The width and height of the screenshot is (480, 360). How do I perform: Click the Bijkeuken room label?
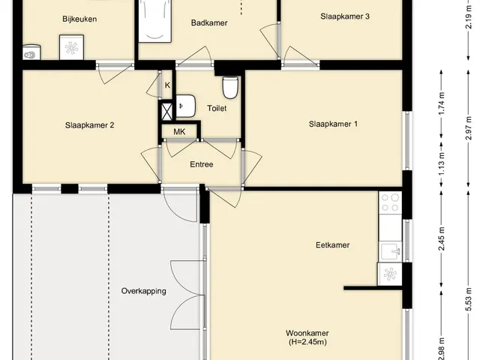pyautogui.click(x=79, y=19)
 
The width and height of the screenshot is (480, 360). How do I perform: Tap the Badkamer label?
pyautogui.click(x=209, y=22)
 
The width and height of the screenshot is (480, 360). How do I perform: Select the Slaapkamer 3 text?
pyautogui.click(x=345, y=16)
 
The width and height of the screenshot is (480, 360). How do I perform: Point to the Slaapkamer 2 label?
pyautogui.click(x=90, y=125)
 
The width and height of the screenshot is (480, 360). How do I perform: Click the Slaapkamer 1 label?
pyautogui.click(x=333, y=124)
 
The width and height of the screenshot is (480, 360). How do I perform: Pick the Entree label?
pyautogui.click(x=202, y=164)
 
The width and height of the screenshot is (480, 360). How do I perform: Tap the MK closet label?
pyautogui.click(x=179, y=132)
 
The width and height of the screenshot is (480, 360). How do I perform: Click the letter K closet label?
pyautogui.click(x=167, y=85)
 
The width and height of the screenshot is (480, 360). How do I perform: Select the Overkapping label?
pyautogui.click(x=143, y=291)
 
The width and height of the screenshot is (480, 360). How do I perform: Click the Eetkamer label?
pyautogui.click(x=333, y=245)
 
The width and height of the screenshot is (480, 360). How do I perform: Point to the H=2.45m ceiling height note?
pyautogui.click(x=307, y=342)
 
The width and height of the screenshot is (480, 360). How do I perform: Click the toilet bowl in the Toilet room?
pyautogui.click(x=230, y=88)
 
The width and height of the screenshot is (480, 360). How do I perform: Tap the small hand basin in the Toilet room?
pyautogui.click(x=185, y=106)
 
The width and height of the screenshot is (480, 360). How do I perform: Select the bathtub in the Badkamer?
pyautogui.click(x=154, y=21)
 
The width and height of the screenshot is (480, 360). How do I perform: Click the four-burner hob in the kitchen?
pyautogui.click(x=390, y=202)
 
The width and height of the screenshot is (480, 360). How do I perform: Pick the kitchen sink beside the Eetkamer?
pyautogui.click(x=390, y=251)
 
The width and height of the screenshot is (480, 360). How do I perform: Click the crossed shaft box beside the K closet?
pyautogui.click(x=166, y=112)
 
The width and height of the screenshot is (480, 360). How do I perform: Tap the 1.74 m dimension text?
pyautogui.click(x=442, y=103)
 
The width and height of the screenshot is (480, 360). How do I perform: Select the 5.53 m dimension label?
pyautogui.click(x=468, y=300)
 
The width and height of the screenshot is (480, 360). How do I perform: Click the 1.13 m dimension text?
pyautogui.click(x=442, y=164)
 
